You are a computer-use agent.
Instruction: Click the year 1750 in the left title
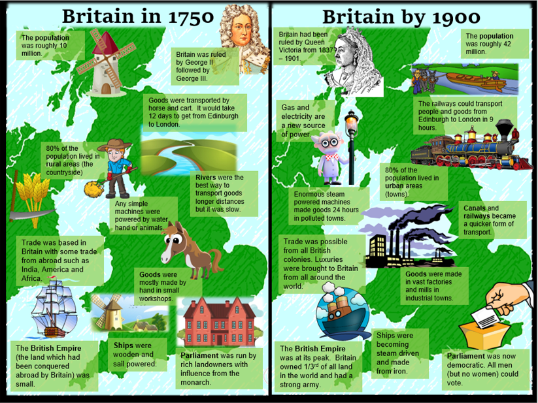pyautogui.click(x=188, y=16)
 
